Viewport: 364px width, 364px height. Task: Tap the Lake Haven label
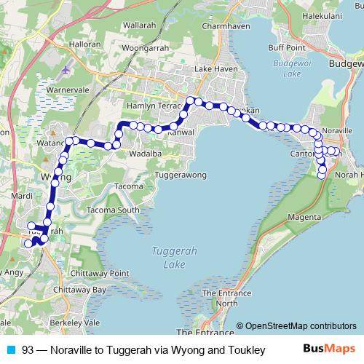pos(213,70)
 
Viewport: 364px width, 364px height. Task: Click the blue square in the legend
pos(11,349)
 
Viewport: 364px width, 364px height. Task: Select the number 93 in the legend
pos(28,349)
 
